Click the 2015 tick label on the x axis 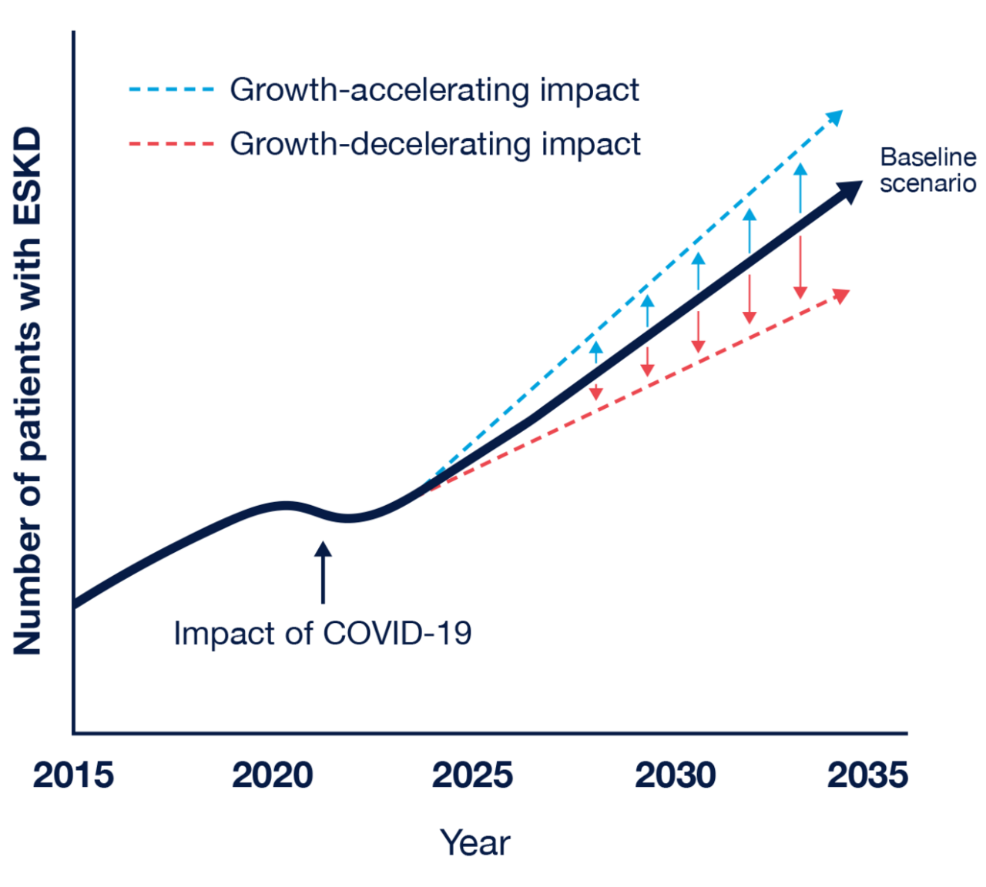(73, 775)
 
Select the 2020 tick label (273, 775)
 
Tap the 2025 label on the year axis (472, 775)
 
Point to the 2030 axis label (675, 775)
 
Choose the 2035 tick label (867, 775)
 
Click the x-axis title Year (475, 842)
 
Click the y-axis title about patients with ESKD (28, 391)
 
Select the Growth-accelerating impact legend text (434, 90)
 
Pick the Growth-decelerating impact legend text (435, 144)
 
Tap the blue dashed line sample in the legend (171, 90)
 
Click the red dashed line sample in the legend (171, 144)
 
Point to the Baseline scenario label (927, 170)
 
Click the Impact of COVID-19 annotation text (322, 633)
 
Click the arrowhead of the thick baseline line (850, 190)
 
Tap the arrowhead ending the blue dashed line (835, 117)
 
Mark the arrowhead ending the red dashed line (841, 295)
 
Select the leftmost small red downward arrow (595, 385)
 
